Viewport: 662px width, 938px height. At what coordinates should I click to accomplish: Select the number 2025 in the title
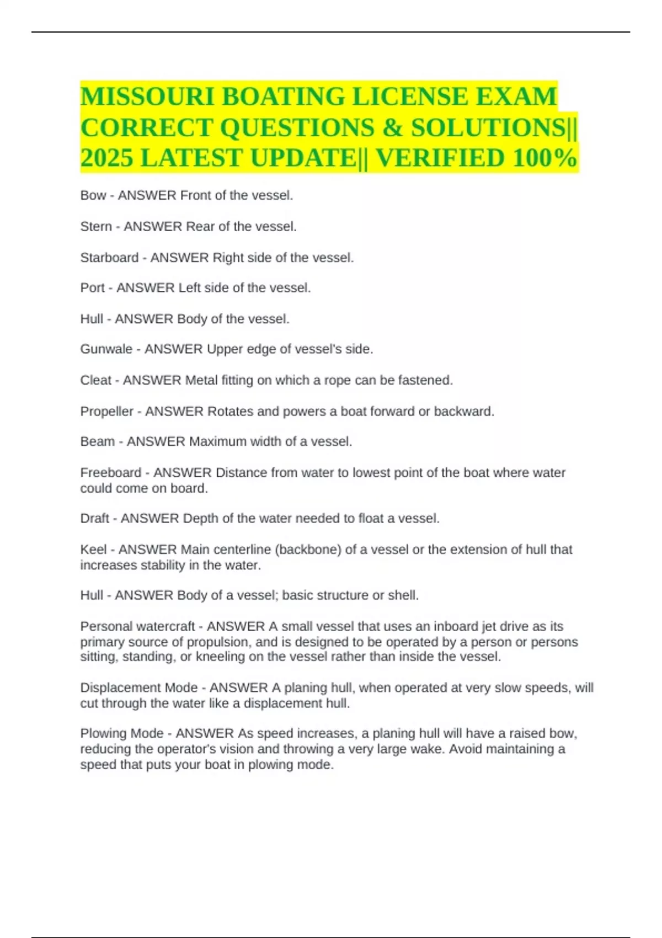pos(106,158)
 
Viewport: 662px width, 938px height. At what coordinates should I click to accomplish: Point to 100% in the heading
pos(544,158)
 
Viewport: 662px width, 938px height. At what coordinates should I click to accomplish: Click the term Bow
pos(93,195)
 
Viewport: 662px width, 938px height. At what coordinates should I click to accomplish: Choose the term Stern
pos(95,226)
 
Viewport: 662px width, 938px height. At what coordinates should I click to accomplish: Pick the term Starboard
pos(109,258)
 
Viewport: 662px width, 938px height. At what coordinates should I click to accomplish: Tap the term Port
pos(92,288)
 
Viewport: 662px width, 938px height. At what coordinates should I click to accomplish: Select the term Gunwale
pos(106,349)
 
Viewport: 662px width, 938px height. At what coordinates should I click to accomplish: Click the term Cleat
pos(96,380)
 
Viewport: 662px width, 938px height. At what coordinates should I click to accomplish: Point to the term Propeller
pos(106,412)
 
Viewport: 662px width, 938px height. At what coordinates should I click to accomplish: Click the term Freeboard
pos(110,473)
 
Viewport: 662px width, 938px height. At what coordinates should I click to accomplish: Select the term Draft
pos(94,519)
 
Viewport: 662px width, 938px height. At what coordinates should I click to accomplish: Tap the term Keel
pos(93,550)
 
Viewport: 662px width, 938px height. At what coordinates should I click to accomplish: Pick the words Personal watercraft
pos(137,627)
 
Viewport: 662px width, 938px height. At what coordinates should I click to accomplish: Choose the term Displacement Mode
pos(138,688)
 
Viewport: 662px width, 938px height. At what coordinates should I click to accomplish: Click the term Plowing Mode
pos(121,734)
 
